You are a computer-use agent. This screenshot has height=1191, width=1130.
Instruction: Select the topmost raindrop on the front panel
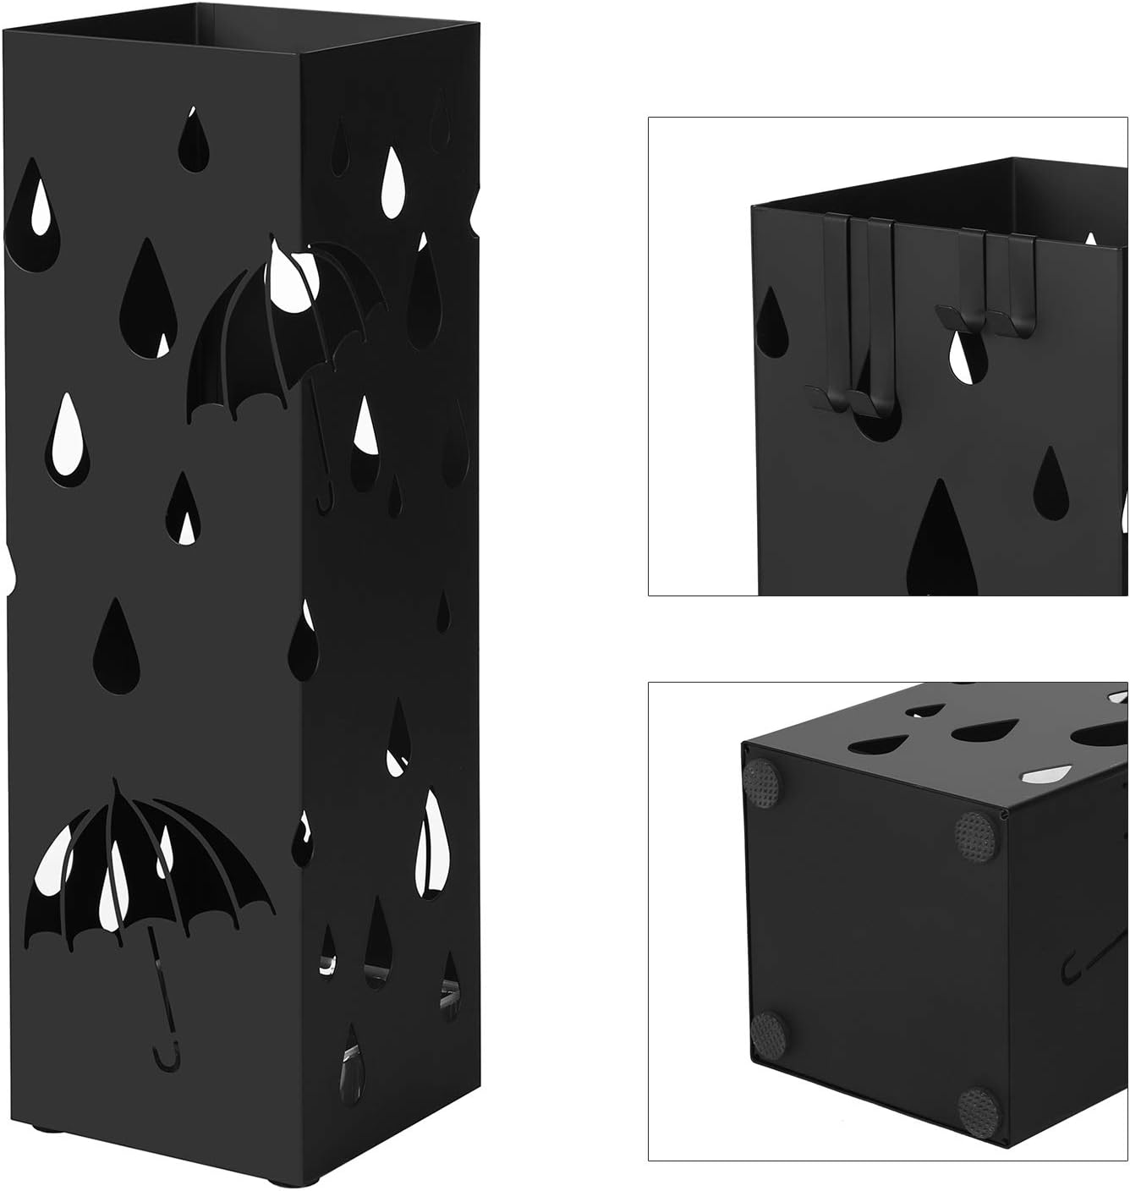point(195,139)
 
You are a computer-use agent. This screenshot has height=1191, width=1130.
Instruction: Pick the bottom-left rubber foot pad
point(768,1033)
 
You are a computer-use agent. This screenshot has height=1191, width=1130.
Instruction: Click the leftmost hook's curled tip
point(817,393)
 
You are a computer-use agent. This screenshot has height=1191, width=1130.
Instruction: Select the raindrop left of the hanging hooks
point(775,322)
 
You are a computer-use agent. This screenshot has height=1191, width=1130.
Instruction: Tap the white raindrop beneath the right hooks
point(963,356)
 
